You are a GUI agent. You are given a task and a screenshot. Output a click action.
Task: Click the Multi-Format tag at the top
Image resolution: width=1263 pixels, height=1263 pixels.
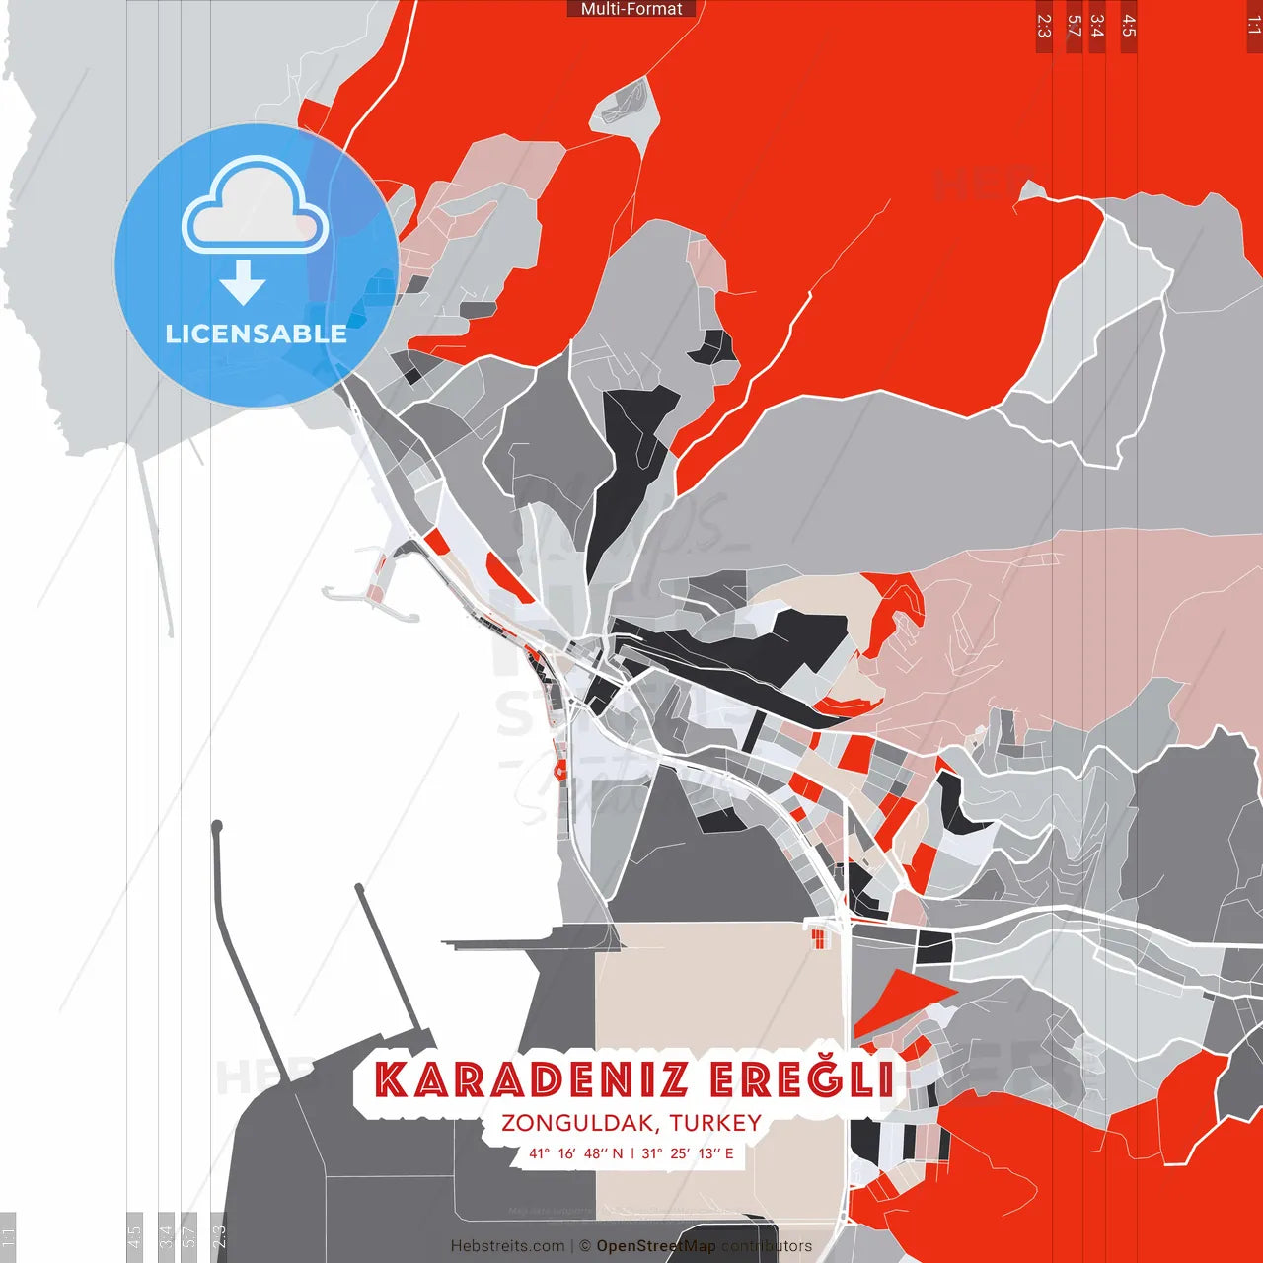pos(631,9)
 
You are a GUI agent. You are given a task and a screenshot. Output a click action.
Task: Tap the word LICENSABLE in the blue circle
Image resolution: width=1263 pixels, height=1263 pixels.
pos(256,334)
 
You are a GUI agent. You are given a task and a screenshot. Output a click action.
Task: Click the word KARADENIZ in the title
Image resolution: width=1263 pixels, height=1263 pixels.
pos(532,1079)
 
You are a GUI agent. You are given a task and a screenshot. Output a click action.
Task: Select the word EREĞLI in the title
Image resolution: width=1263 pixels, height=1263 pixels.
pos(801,1079)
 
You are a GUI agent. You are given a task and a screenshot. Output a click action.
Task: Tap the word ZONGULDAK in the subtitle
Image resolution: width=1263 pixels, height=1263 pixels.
pos(578,1123)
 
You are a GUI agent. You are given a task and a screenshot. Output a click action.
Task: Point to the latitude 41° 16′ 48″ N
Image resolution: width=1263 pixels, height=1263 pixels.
pos(576,1153)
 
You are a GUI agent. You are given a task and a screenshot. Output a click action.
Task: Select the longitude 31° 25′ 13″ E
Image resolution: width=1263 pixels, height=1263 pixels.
pos(688,1153)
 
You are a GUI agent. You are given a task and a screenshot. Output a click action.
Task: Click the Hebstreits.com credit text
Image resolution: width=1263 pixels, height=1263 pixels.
pos(507,1246)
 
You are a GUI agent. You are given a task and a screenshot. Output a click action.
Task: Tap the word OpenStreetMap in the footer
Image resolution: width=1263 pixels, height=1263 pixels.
pos(655,1246)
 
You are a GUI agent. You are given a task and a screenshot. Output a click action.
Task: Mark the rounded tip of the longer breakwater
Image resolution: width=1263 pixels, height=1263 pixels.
pos(217,825)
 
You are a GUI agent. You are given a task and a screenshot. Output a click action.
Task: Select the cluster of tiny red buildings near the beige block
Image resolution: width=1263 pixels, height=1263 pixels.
pos(816,936)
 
